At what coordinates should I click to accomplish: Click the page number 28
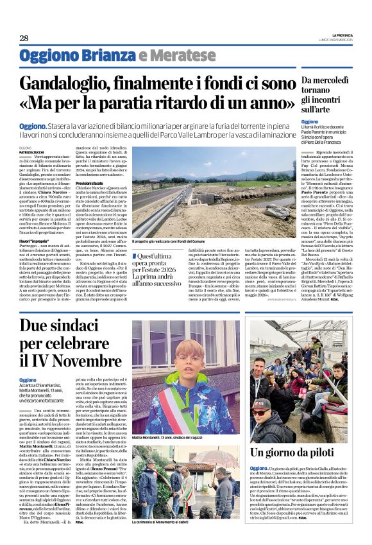pos(24,38)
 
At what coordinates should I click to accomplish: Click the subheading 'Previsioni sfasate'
pos(90,165)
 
